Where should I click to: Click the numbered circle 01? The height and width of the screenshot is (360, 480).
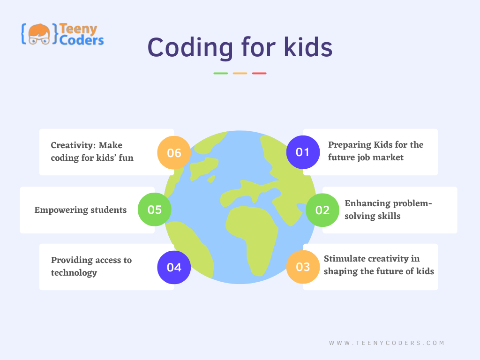tap(303, 152)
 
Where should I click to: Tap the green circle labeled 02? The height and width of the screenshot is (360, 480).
tap(322, 210)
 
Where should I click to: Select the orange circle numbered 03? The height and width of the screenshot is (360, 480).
tap(303, 267)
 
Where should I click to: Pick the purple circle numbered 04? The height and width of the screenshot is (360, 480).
tap(174, 267)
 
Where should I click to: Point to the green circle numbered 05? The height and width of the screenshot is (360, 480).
tap(154, 210)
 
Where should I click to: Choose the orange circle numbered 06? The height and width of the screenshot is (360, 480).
tap(174, 152)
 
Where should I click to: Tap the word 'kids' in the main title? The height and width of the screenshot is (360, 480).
tap(308, 47)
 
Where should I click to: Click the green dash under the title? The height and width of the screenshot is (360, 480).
tap(221, 74)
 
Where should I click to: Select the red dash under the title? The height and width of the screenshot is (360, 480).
tap(259, 74)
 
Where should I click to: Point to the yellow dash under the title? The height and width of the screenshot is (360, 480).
tap(240, 74)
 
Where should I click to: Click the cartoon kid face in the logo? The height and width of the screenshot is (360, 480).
tap(39, 34)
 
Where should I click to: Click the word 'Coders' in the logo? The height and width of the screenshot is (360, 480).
tap(82, 40)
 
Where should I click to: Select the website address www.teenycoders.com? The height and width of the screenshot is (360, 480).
tap(387, 343)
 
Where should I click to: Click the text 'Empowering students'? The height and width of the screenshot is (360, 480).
tap(81, 210)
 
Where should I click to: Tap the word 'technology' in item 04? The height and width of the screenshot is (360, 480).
tap(74, 273)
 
